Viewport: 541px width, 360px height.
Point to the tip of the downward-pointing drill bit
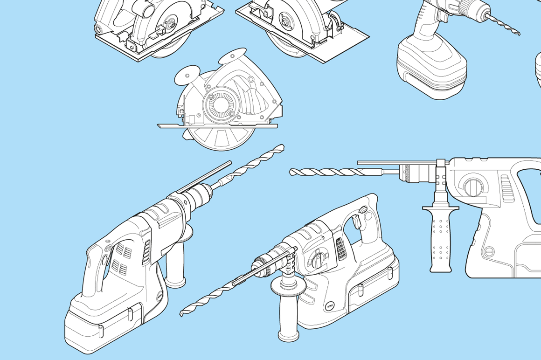coord(182,313)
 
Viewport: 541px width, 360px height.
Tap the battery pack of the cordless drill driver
coord(431,70)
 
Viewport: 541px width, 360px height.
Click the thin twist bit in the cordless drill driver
coord(504,24)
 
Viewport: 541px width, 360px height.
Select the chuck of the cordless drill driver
coord(475,8)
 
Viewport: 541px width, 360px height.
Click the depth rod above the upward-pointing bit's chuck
coord(205,177)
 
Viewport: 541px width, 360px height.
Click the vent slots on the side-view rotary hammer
coord(507,189)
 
